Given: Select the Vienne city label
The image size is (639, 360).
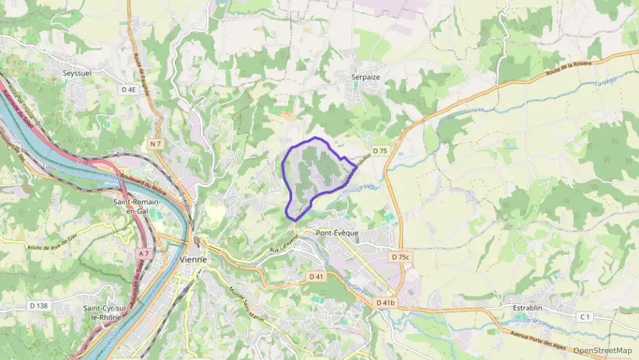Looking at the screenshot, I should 194,260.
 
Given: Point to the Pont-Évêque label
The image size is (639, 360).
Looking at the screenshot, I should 337,233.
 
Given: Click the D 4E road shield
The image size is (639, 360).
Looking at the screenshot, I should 128,89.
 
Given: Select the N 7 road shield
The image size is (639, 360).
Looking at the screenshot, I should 156,143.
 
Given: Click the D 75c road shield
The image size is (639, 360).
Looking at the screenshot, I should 401,257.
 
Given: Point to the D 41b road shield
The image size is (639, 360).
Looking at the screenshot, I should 386,302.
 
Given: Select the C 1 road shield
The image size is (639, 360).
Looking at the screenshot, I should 584,316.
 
